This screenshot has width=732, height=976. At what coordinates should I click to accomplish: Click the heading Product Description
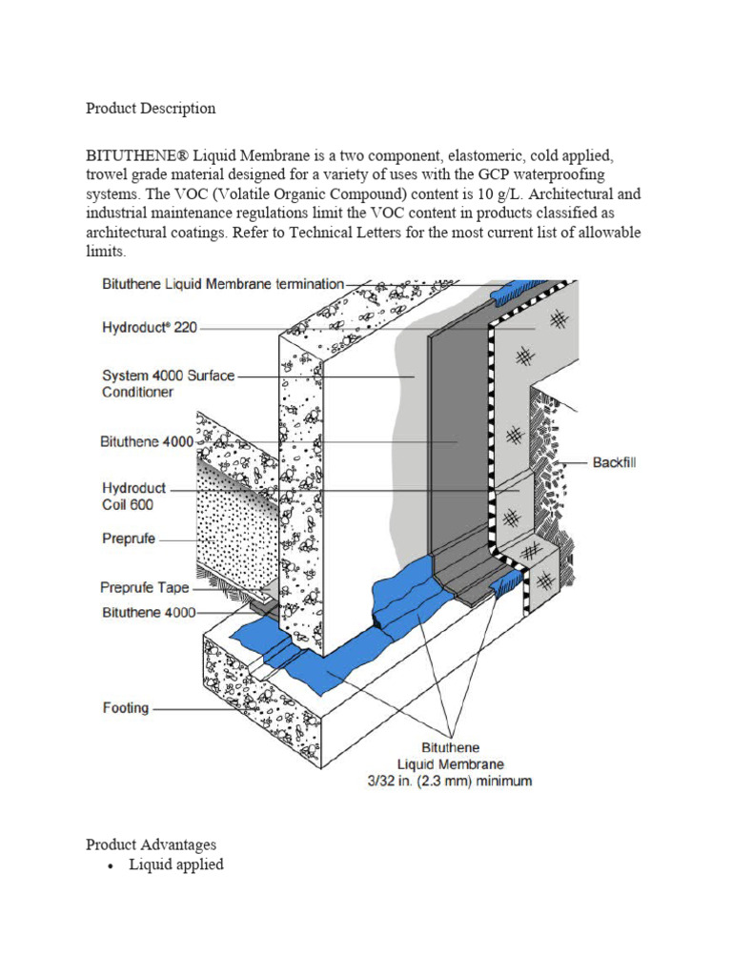coord(151,108)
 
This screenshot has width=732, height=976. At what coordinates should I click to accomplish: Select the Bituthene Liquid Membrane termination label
coord(222,283)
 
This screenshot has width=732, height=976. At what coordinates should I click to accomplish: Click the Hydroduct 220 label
coord(149,327)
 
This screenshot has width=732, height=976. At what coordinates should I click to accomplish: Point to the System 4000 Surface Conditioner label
coord(168,383)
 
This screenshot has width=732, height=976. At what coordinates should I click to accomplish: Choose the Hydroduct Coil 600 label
coord(133,497)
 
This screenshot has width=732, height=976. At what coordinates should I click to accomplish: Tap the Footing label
coord(126,708)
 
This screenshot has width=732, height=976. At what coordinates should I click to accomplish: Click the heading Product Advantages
coord(151,844)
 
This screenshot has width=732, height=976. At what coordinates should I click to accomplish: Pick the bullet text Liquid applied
coord(176,864)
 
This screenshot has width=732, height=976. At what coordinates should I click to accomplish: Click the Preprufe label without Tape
coord(128,539)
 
